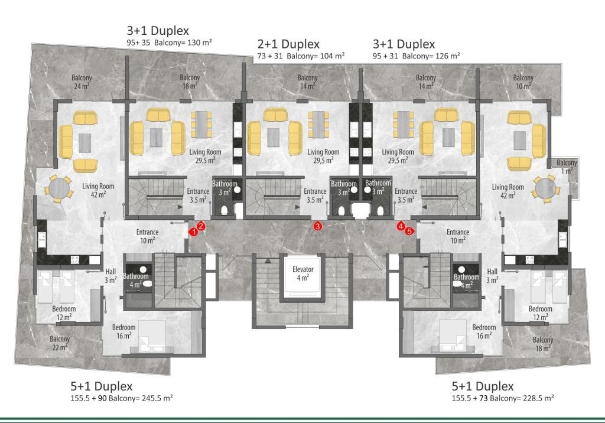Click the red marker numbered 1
click(x=194, y=232)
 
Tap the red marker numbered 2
click(x=201, y=226)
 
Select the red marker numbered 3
click(x=317, y=226)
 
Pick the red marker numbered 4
click(x=401, y=226)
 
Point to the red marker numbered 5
click(x=409, y=231)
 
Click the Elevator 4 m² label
click(x=303, y=274)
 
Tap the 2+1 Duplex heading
click(x=288, y=44)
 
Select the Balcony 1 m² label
click(x=567, y=167)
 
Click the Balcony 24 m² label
click(x=82, y=82)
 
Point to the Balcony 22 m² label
click(x=60, y=343)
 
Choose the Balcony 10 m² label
click(x=523, y=82)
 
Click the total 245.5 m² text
click(x=155, y=398)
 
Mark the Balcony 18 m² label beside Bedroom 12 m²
click(x=543, y=344)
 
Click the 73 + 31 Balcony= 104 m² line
click(x=301, y=56)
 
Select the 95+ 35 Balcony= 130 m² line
click(x=170, y=43)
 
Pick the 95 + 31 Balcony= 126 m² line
click(x=417, y=56)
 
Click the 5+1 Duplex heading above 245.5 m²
click(x=102, y=386)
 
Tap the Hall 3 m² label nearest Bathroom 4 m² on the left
click(x=110, y=275)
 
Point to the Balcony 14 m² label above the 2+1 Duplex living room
click(x=307, y=82)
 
